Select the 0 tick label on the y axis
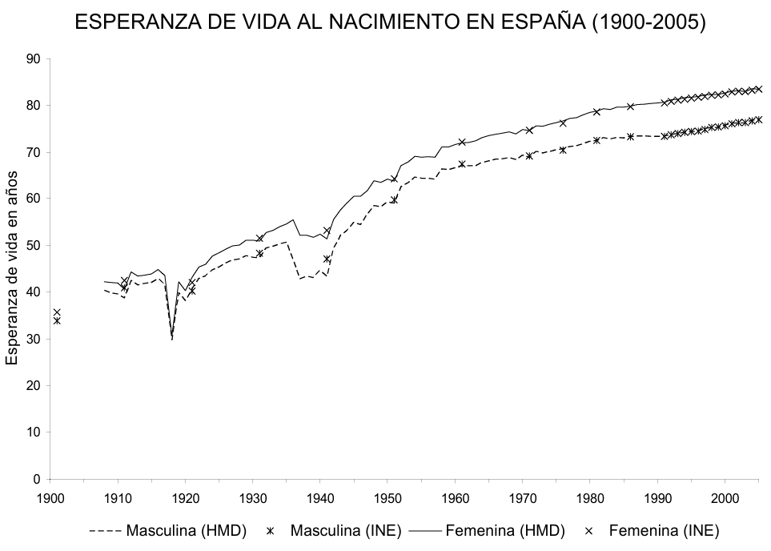(37, 479)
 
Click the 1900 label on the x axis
(50, 497)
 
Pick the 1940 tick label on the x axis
(320, 497)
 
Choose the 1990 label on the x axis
(657, 497)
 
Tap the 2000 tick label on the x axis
(725, 497)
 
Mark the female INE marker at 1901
(57, 312)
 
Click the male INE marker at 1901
(57, 320)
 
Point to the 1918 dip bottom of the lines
(172, 338)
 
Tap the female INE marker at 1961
(462, 142)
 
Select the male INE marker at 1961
(462, 164)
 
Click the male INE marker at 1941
(327, 259)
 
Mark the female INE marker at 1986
(631, 107)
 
